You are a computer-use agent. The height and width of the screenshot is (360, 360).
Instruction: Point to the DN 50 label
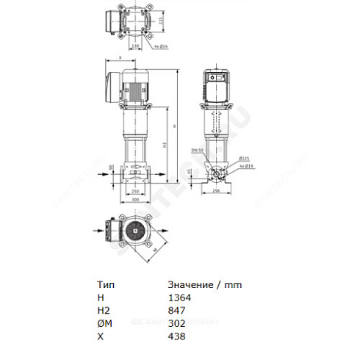[x=196, y=150]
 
